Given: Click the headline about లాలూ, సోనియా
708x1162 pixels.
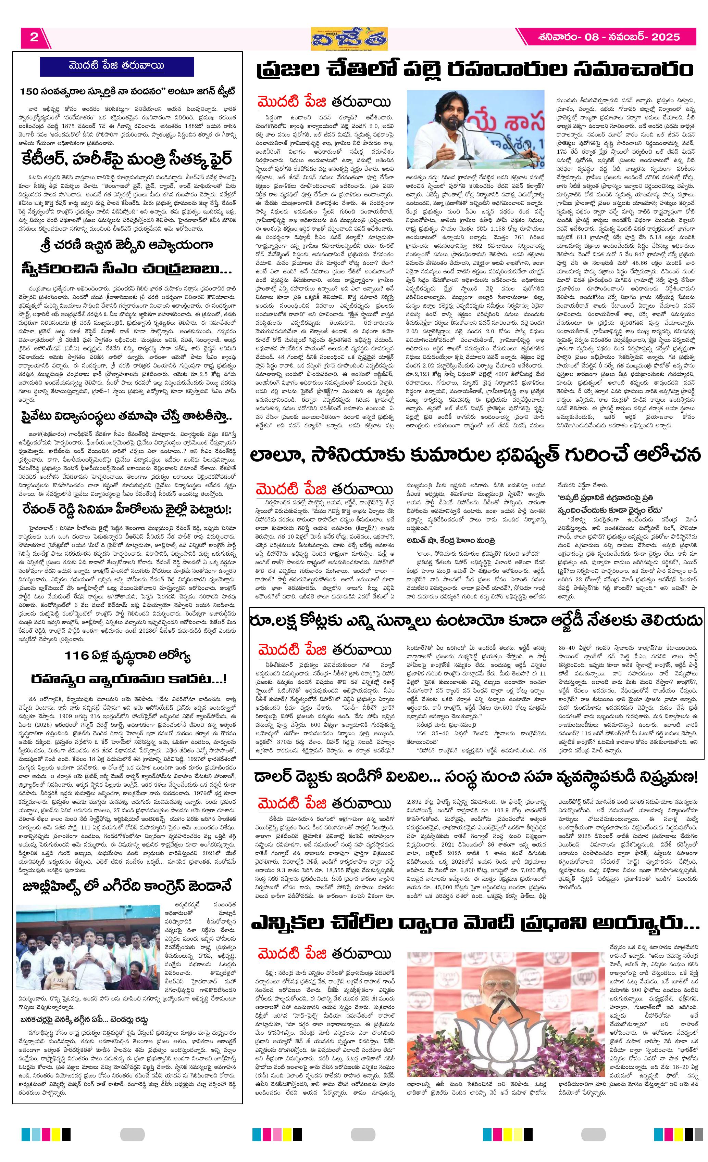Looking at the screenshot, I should [x=474, y=455].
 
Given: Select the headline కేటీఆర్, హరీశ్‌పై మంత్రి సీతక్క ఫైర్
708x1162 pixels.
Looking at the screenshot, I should [x=127, y=159].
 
